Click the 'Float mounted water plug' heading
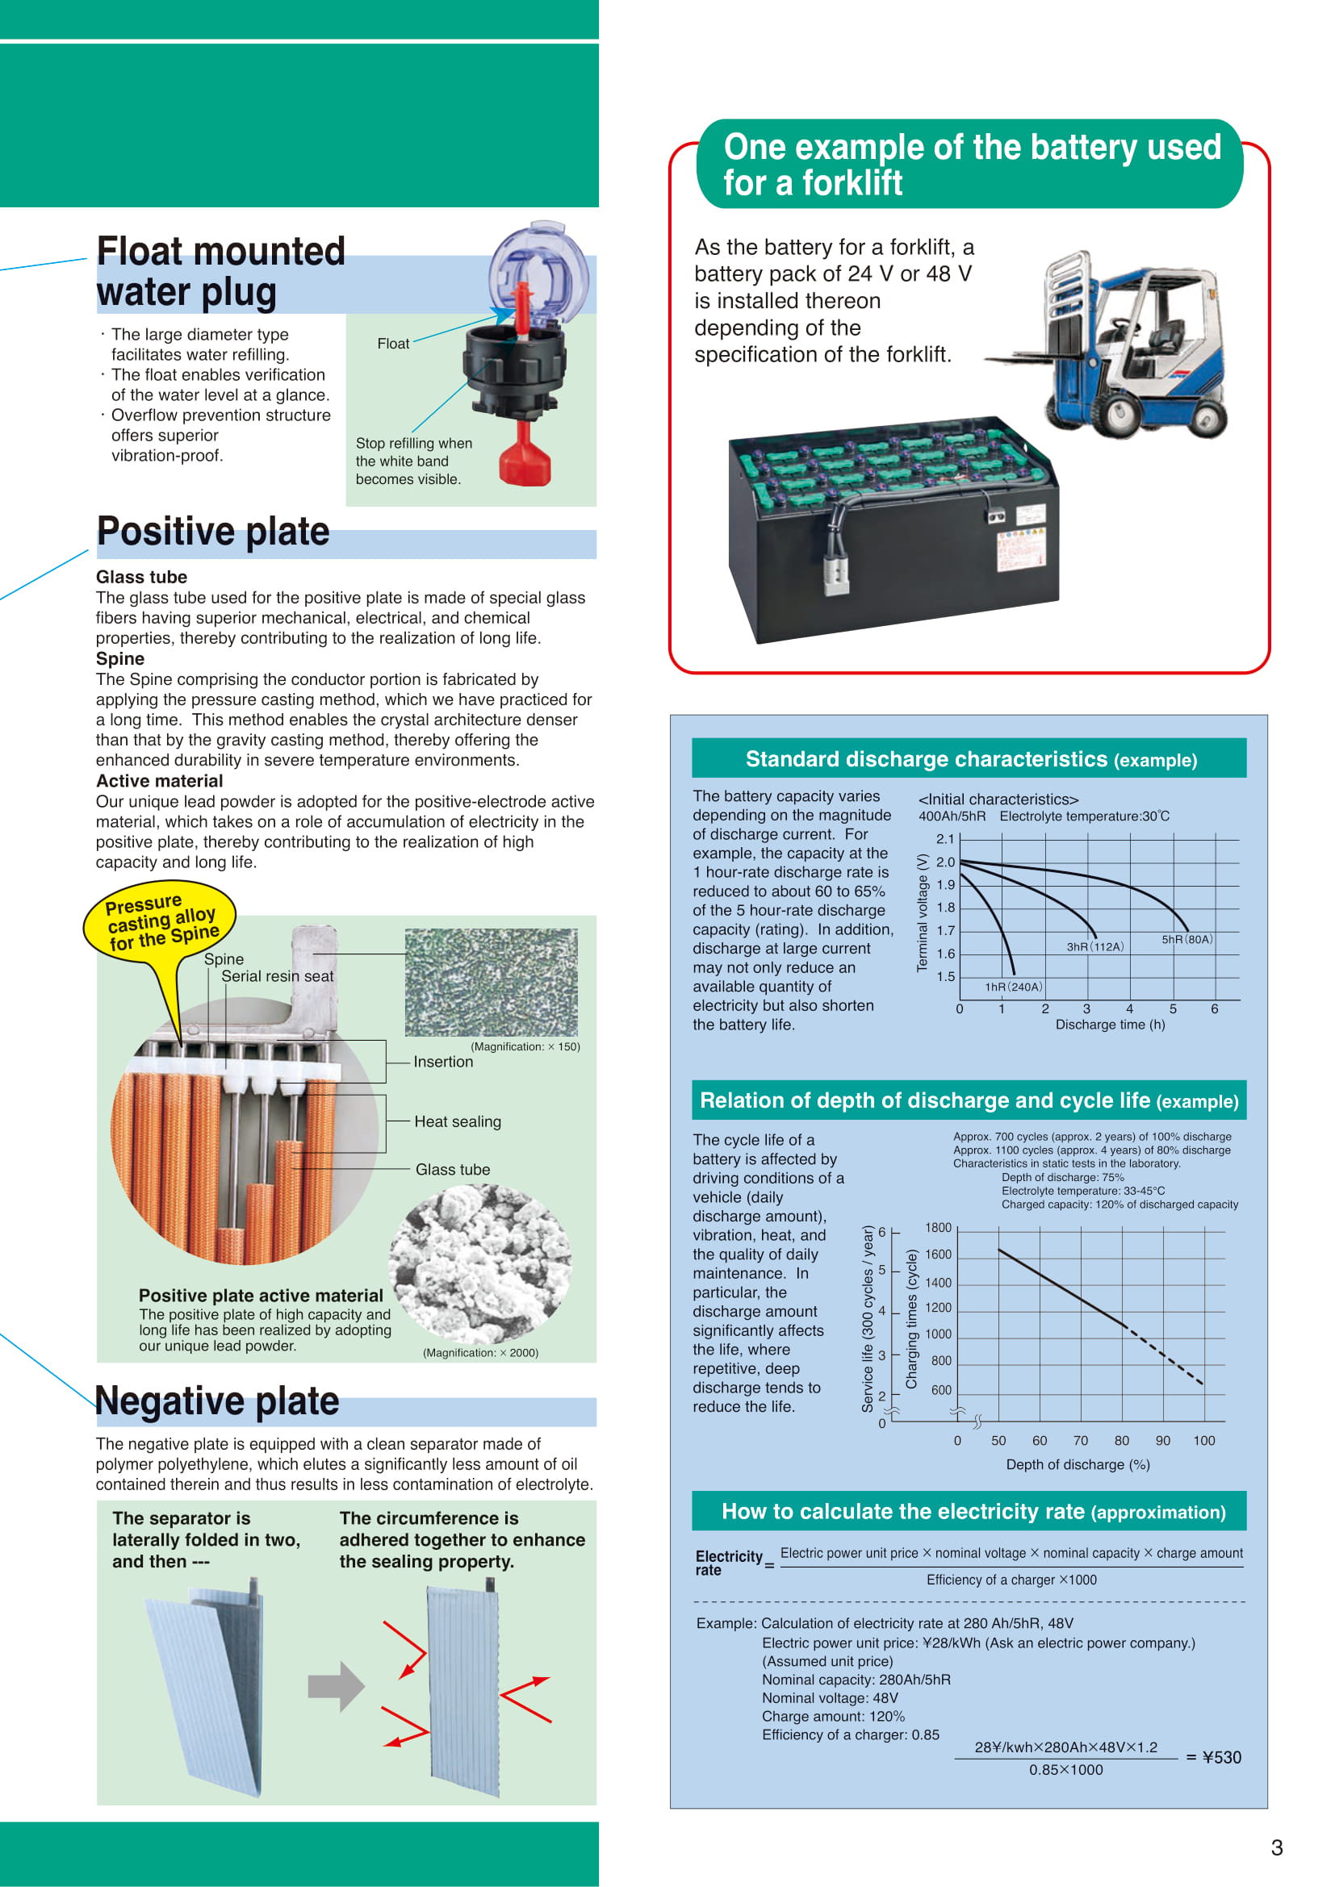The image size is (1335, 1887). (220, 271)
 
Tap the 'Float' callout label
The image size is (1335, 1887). (393, 344)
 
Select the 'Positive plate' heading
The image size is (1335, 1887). (213, 531)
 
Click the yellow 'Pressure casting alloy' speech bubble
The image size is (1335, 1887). (161, 922)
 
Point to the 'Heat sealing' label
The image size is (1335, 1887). (457, 1122)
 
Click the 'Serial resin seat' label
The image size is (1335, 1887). (277, 976)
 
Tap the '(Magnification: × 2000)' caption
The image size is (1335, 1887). (480, 1353)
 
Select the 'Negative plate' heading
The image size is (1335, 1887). (217, 1401)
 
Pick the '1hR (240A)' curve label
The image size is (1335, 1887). (1014, 987)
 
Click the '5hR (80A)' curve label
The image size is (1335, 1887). (1186, 939)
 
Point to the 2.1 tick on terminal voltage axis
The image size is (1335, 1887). (945, 839)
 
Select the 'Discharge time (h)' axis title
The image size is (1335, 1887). (1110, 1025)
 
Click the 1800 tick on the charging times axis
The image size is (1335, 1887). (938, 1228)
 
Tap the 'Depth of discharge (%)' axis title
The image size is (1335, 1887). (1078, 1464)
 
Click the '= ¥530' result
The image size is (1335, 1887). (1213, 1758)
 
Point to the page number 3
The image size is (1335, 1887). (1277, 1848)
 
